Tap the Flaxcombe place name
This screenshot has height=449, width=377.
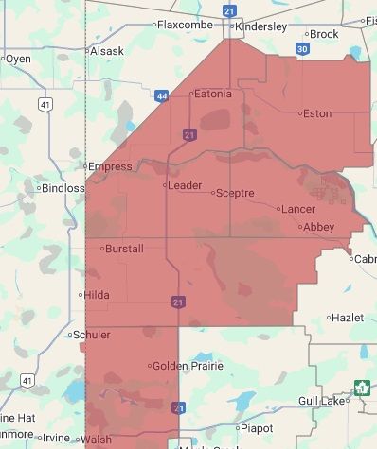184,25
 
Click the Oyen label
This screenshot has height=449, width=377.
19,59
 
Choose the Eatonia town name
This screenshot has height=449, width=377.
212,94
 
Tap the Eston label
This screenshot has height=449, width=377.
316,113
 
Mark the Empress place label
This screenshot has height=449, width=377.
111,166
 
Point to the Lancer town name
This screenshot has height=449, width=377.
297,208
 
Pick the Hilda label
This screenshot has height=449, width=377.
97,295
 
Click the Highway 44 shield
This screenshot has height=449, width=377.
163,95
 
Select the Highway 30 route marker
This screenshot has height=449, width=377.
302,48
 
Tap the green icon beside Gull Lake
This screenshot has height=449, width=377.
361,388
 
